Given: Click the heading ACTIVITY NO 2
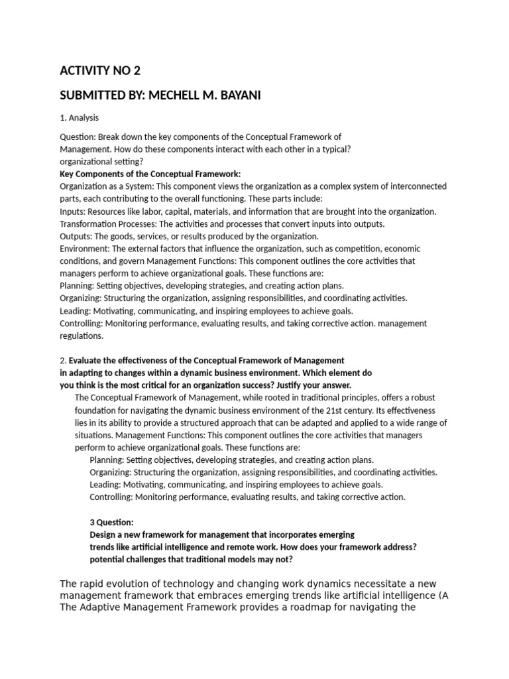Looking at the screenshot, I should click(x=100, y=71).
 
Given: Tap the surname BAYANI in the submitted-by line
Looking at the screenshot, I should click(x=237, y=95).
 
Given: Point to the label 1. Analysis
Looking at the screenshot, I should click(x=79, y=118).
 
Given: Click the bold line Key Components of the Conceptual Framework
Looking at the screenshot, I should click(x=150, y=174).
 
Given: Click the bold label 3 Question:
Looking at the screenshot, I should click(x=111, y=522).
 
